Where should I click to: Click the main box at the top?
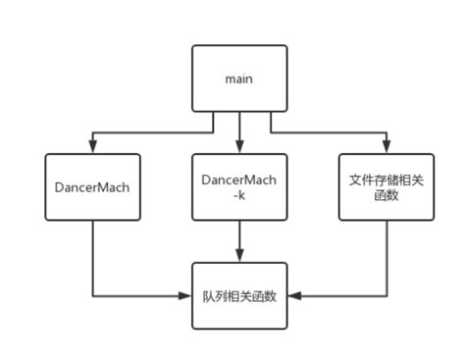pyautogui.click(x=239, y=78)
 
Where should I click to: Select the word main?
pyautogui.click(x=239, y=78)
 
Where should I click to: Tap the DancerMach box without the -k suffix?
pyautogui.click(x=92, y=185)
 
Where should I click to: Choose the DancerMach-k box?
pyautogui.click(x=239, y=185)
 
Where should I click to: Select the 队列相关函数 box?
pyautogui.click(x=239, y=294)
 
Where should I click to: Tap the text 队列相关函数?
pyautogui.click(x=239, y=294)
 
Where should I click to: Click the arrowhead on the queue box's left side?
pyautogui.click(x=186, y=294)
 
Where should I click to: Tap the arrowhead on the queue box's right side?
pyautogui.click(x=293, y=294)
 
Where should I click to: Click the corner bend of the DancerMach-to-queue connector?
pyautogui.click(x=92, y=294)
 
